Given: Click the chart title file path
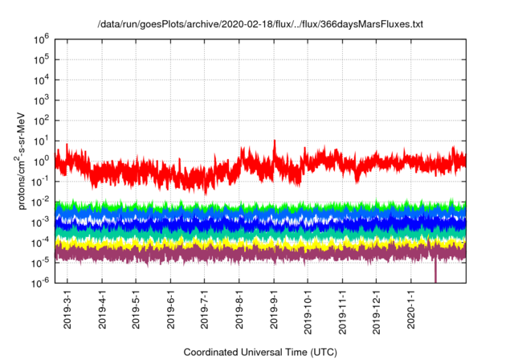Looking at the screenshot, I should [x=260, y=24].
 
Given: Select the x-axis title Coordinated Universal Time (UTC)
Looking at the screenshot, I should [x=260, y=352].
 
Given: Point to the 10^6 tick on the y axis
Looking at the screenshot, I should [x=42, y=38].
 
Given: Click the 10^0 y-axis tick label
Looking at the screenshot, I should [x=42, y=160].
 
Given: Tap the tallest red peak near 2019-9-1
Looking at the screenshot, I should [x=275, y=142].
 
